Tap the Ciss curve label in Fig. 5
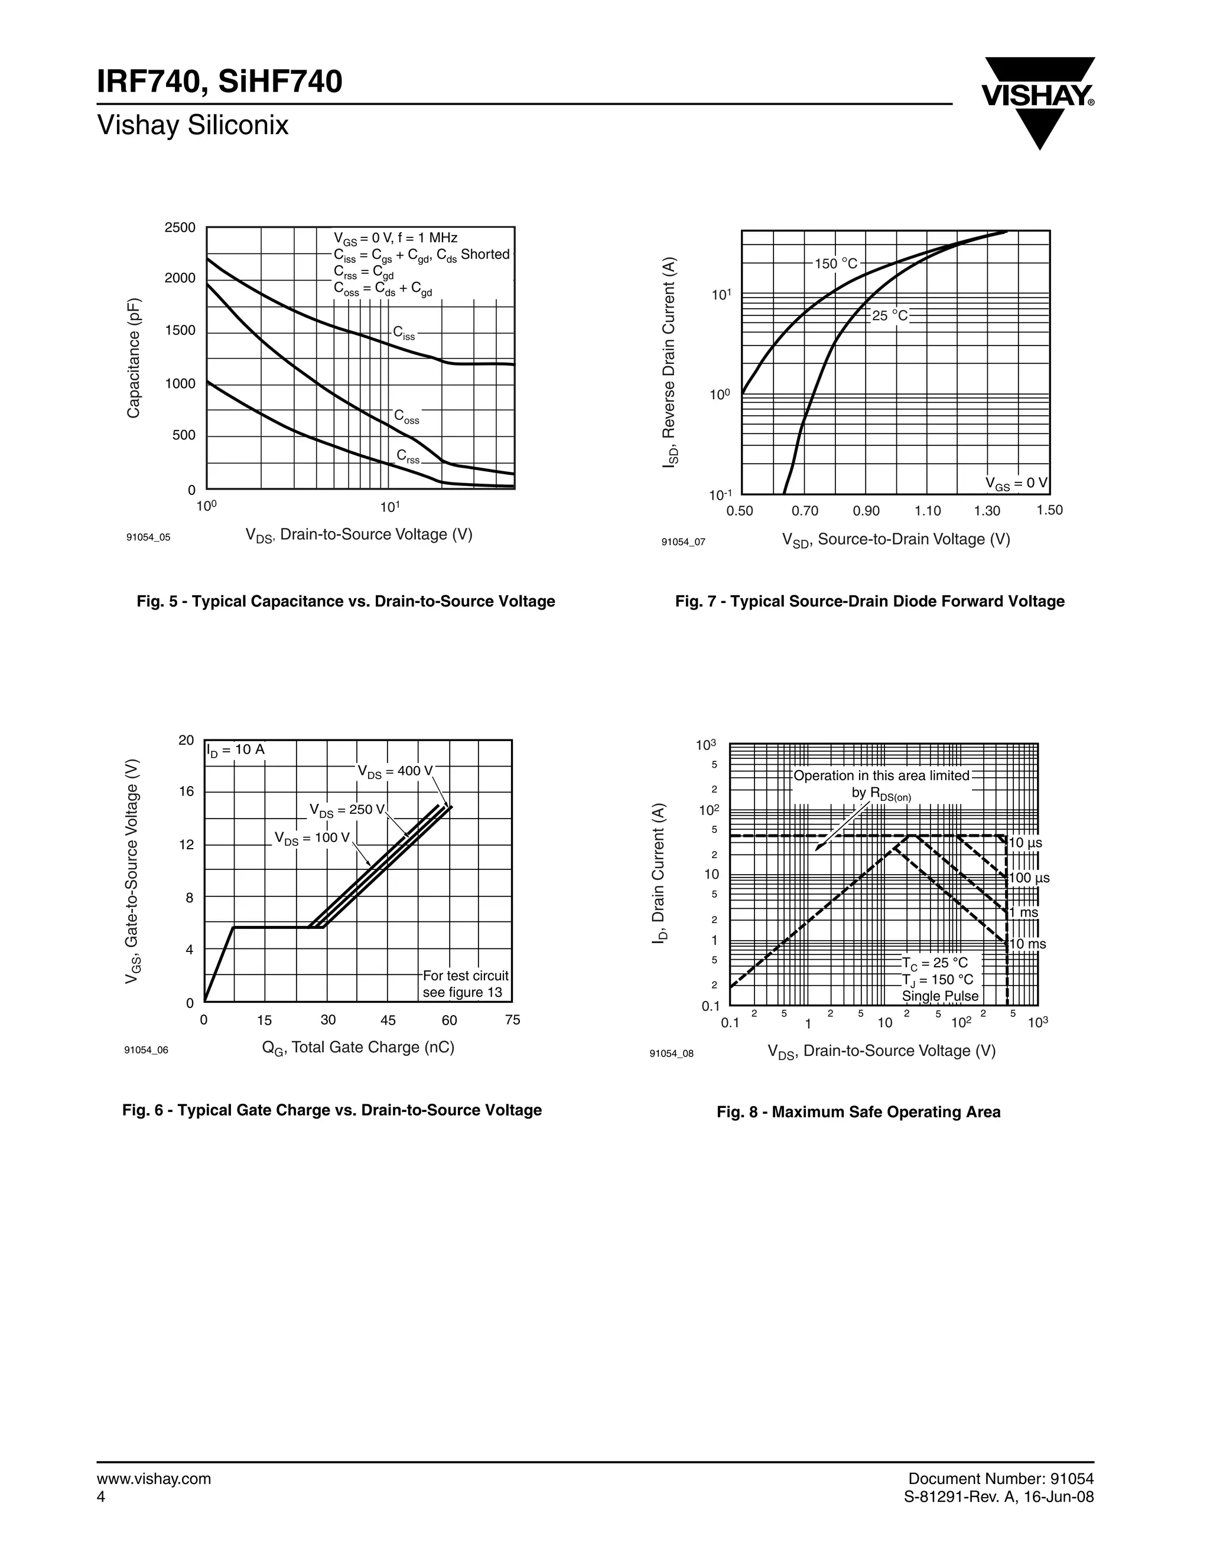coord(404,333)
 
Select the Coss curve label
coord(406,417)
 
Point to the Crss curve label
coord(408,457)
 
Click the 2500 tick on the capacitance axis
coord(180,228)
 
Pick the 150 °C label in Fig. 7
coord(836,264)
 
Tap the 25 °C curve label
coord(890,315)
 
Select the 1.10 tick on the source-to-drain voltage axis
coord(928,511)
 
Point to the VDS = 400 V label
coord(395,772)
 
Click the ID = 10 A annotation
coord(236,750)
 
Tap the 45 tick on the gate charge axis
coord(388,1020)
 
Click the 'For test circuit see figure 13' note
coord(465,984)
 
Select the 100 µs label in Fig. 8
coord(1029,878)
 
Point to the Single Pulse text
coord(940,996)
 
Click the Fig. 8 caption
coord(858,1112)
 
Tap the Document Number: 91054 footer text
coord(1001,1479)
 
